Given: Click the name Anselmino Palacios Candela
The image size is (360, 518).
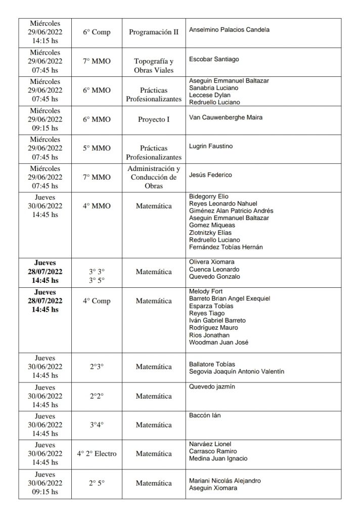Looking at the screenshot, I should [229, 30].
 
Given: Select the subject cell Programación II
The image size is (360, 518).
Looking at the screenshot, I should [154, 32].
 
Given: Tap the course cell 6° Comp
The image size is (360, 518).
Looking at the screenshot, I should [97, 32].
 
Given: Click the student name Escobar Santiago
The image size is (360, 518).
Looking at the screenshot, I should [213, 59].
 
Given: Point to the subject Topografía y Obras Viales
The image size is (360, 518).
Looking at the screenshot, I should [154, 66].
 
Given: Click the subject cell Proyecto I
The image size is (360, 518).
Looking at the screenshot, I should [154, 119].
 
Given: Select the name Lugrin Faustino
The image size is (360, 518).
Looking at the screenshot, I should [210, 146].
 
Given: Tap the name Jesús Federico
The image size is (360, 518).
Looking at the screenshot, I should [210, 175].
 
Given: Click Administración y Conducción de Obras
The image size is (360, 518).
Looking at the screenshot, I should [154, 177].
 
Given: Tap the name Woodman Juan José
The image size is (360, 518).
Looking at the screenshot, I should [218, 342].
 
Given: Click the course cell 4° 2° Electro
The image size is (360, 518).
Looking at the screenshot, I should [97, 453].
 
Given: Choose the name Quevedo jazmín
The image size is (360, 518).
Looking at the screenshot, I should [212, 387].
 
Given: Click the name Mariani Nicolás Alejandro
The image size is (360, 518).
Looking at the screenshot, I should [225, 481].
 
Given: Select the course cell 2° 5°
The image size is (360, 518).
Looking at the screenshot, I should [97, 483].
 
